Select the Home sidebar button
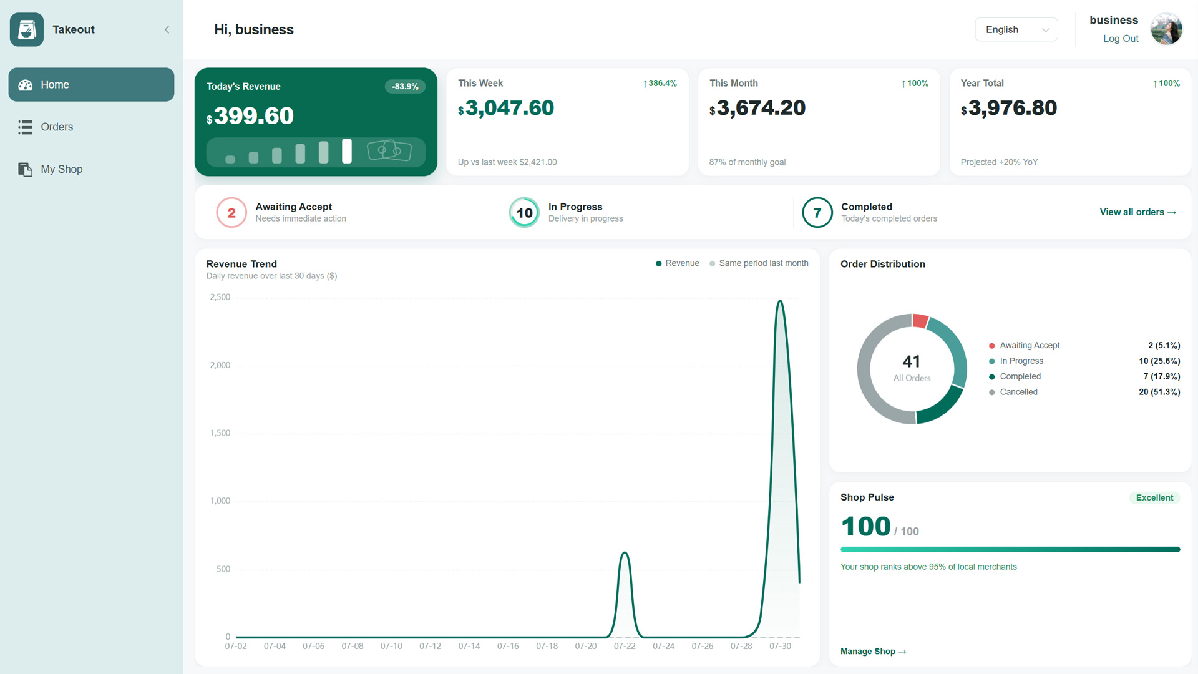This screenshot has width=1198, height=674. coord(91,85)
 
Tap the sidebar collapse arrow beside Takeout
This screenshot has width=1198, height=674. coord(167,30)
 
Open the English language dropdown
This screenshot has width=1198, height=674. coord(1016,30)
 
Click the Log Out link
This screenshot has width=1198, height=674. coord(1121,39)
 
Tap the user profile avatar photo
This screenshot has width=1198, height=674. coord(1166,29)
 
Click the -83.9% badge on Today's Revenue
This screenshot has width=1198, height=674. coord(405,87)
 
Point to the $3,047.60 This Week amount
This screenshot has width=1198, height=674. coord(506,109)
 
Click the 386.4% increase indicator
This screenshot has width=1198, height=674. coord(660,84)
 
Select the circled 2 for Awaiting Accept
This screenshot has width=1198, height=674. coord(231,213)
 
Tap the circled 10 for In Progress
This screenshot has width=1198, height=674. coord(524,213)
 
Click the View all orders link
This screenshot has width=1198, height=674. coord(1138,212)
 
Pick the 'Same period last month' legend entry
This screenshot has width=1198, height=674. coord(759,263)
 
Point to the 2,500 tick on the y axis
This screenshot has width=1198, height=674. coord(220,297)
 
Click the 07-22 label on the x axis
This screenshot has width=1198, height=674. coord(625,647)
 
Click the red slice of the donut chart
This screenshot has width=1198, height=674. coord(920,321)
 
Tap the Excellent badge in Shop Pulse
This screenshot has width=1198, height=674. coord(1154,498)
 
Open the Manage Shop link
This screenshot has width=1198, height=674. coord(873,652)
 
